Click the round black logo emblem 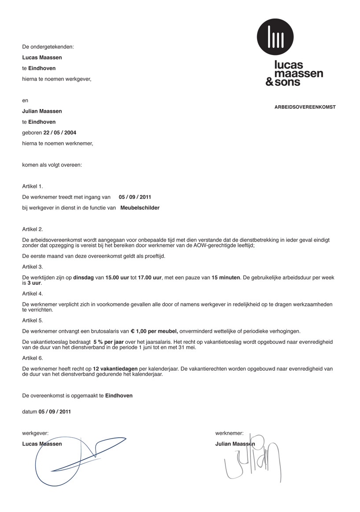(275, 37)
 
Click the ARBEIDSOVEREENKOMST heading (305, 107)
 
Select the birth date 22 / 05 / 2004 (60, 133)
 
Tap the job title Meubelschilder (140, 208)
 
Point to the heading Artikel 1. (33, 186)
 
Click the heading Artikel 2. (33, 229)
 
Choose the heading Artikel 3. (33, 267)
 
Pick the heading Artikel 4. (33, 294)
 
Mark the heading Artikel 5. (33, 320)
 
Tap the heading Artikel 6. (33, 358)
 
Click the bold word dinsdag (83, 278)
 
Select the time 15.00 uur (117, 278)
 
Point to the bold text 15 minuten (226, 278)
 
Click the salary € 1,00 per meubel (154, 331)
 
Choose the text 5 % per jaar (108, 342)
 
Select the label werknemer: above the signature (229, 434)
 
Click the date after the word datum (55, 412)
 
